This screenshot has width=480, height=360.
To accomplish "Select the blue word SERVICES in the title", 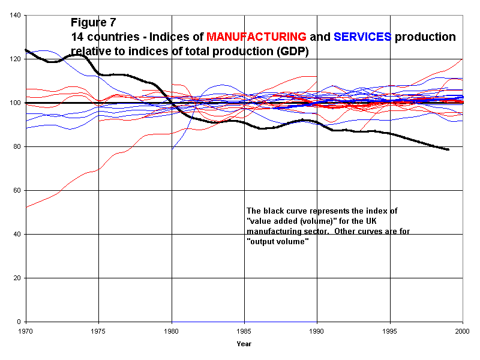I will pos(362,37).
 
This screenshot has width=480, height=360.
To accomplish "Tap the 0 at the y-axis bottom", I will pos(20,322).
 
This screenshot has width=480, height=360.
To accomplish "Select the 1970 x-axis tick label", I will pos(26,331).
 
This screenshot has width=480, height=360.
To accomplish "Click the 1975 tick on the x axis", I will pos(98,331).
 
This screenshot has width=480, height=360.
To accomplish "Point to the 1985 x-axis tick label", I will pos(244,331).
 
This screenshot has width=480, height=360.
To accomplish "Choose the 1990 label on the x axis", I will pos(317,331).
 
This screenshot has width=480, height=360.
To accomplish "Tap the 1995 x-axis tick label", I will pos(390,331).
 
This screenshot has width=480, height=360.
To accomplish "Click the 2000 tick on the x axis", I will pos(463,331).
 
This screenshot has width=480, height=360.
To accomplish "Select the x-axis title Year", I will pos(244,344).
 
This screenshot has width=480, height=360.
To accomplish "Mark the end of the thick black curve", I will pos(448,149).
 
